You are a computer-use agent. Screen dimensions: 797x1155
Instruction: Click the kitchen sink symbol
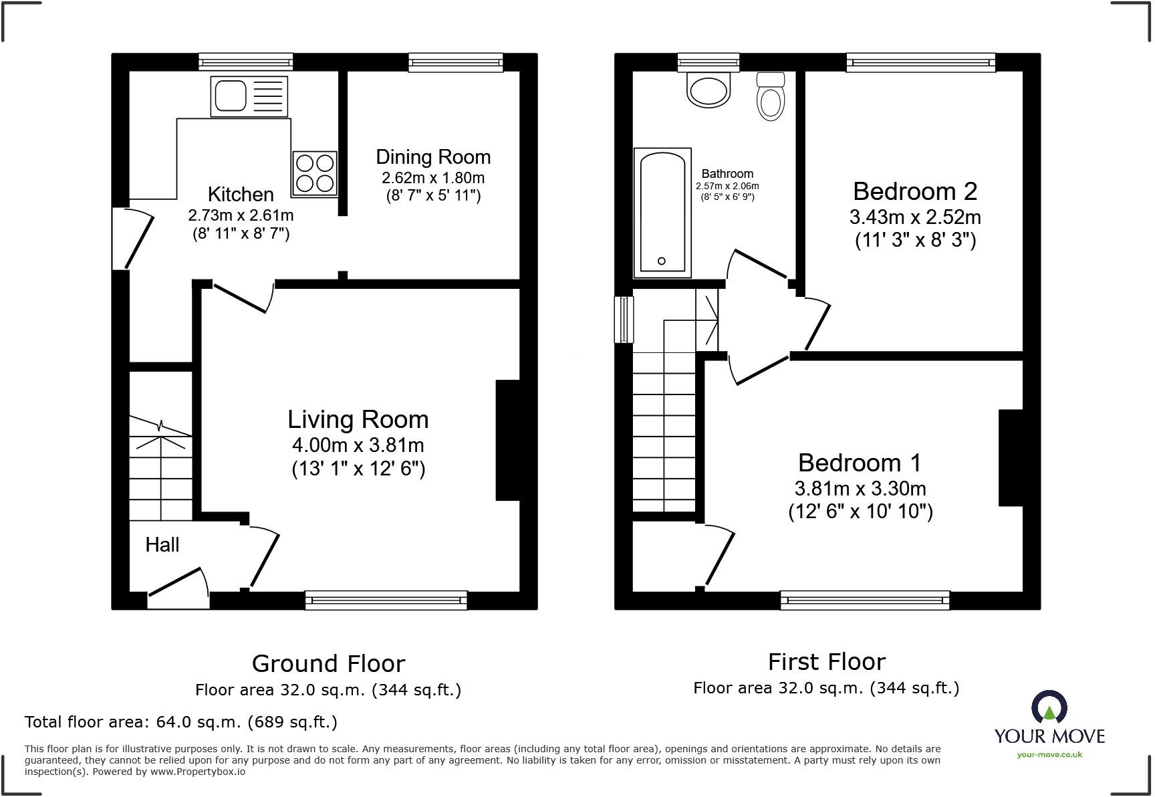pos(249,96)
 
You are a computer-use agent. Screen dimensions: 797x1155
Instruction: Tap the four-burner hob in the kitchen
pos(314,173)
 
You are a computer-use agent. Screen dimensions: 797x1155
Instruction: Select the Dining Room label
pos(433,157)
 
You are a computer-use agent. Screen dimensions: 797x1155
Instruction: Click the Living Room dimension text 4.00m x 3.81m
pos(358,445)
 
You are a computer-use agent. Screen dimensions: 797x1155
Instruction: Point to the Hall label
pos(162,545)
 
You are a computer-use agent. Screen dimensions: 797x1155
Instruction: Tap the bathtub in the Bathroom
pos(662,213)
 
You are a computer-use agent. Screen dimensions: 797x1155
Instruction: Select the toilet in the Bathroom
pos(771,98)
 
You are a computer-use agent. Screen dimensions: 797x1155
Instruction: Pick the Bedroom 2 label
pos(915,192)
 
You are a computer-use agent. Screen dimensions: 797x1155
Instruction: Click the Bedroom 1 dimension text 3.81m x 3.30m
pos(860,489)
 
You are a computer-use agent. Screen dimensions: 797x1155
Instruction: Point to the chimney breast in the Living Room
pos(507,440)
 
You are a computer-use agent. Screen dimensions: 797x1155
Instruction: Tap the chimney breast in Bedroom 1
pos(1011,457)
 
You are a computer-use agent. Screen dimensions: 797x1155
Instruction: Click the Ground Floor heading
pos(328,664)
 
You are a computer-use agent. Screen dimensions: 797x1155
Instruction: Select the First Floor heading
pos(826,662)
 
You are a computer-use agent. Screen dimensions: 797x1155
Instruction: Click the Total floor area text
pos(180,722)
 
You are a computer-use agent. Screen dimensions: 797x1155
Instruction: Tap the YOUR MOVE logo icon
pos(1049,707)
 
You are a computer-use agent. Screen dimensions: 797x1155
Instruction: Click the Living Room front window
pos(386,600)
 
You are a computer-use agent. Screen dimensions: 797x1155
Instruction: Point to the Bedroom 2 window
pos(920,63)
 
